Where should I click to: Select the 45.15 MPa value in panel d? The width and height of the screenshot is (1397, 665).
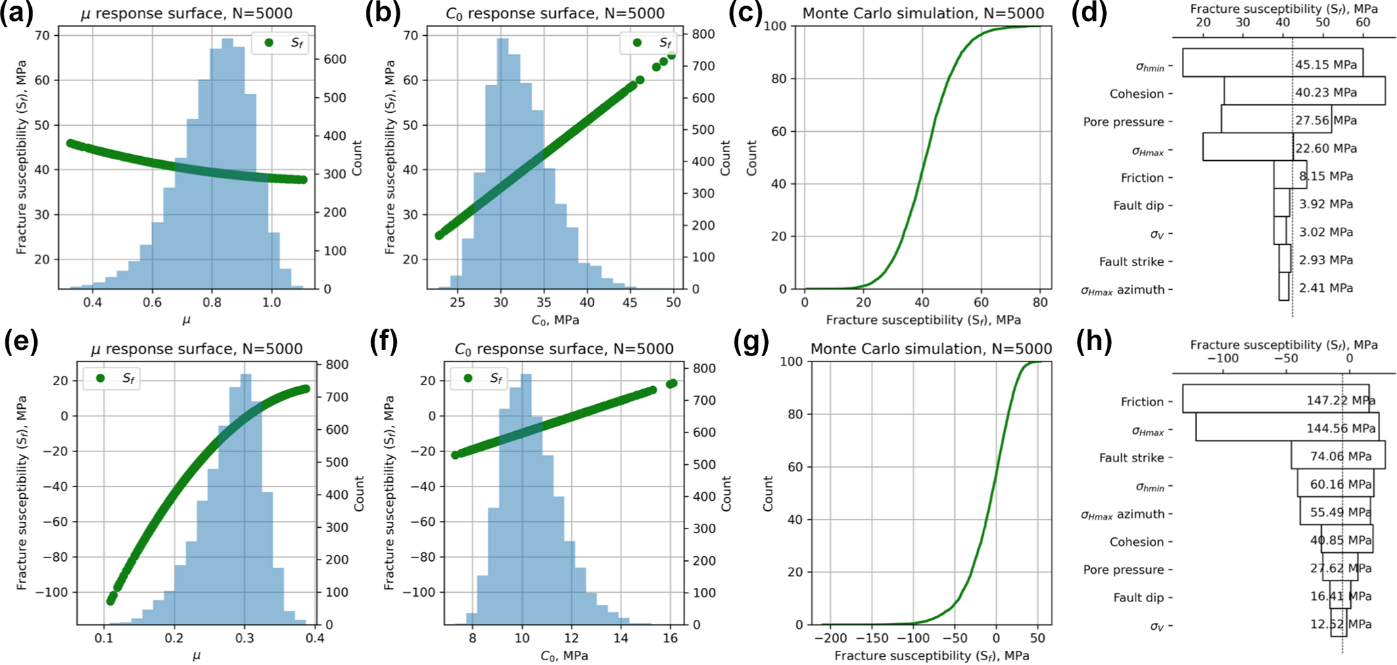pyautogui.click(x=1325, y=65)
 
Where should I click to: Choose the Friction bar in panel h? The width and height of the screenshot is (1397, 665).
pyautogui.click(x=1275, y=399)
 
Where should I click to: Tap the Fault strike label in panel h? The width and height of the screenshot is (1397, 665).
pyautogui.click(x=1131, y=458)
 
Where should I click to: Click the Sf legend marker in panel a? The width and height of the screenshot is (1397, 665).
pyautogui.click(x=269, y=43)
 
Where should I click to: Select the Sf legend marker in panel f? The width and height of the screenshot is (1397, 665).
pyautogui.click(x=468, y=378)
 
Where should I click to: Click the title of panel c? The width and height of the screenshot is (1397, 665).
pyautogui.click(x=923, y=14)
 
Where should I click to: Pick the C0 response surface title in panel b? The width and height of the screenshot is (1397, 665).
pyautogui.click(x=554, y=14)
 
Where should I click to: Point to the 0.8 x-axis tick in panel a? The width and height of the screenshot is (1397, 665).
pyautogui.click(x=212, y=302)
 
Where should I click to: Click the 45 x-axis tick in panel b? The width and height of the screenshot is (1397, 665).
pyautogui.click(x=630, y=302)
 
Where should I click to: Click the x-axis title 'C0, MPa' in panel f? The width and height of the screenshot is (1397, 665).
pyautogui.click(x=564, y=656)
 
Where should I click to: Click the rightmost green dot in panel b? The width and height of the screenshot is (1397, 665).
pyautogui.click(x=671, y=55)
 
